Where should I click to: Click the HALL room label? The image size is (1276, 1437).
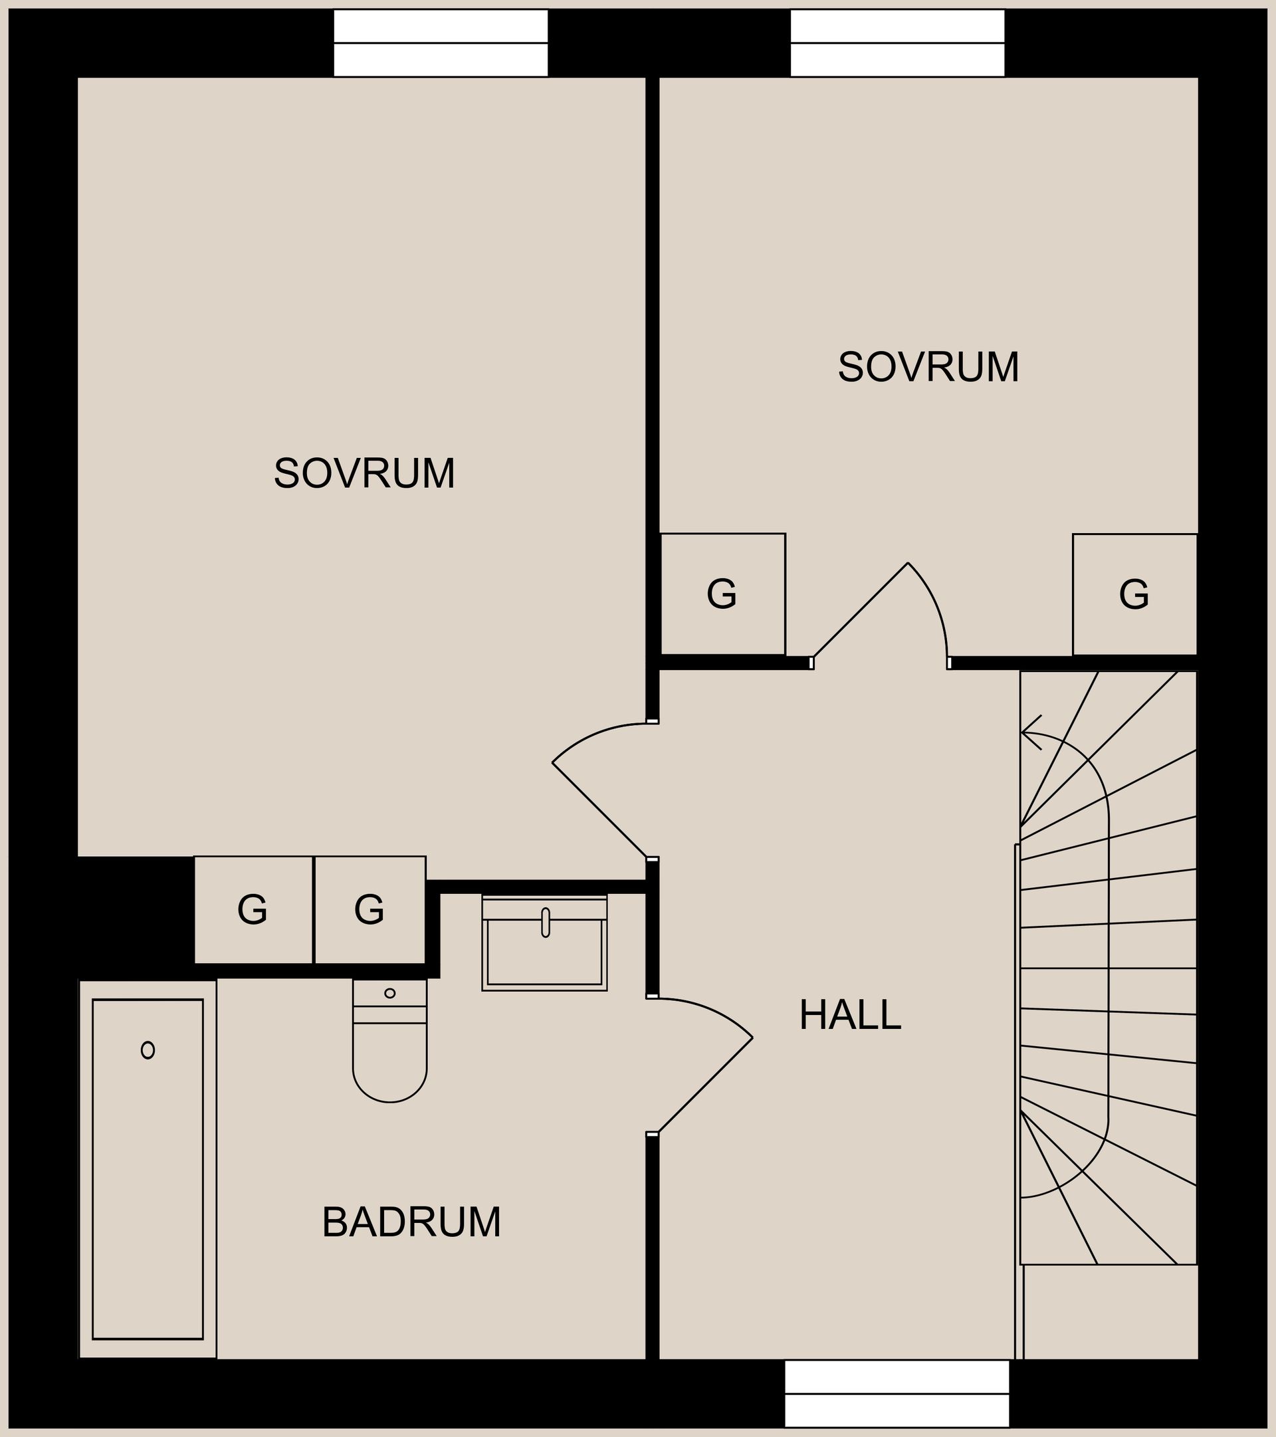[850, 1015]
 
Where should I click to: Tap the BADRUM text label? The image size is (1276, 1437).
[411, 1222]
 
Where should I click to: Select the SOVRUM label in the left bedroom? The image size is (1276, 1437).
[364, 473]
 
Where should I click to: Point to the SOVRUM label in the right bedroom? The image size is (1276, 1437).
[928, 367]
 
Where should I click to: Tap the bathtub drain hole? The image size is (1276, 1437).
[148, 1050]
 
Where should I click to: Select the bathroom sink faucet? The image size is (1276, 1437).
[545, 923]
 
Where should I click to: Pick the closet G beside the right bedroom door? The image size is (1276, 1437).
[722, 594]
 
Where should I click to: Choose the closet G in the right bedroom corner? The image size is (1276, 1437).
[1134, 595]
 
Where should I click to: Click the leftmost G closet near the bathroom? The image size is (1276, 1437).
[253, 910]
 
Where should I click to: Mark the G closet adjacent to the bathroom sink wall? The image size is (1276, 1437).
[370, 910]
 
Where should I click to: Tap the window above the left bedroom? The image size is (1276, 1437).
[440, 43]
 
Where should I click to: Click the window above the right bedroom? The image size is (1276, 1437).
[897, 43]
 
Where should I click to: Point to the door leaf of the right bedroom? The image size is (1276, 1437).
[861, 609]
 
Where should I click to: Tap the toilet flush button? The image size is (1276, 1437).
[389, 994]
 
